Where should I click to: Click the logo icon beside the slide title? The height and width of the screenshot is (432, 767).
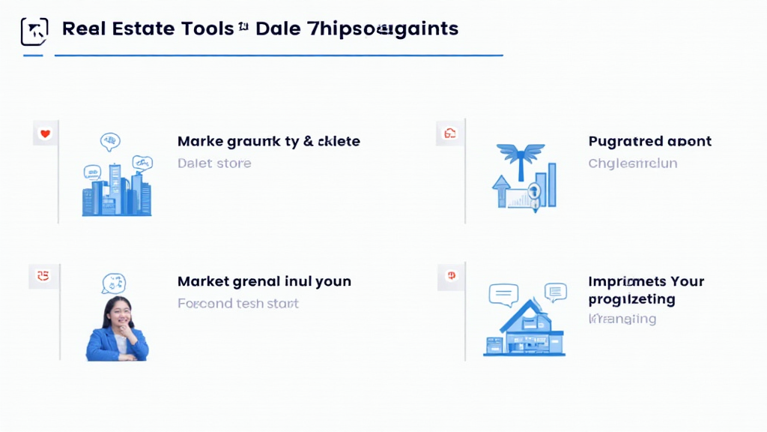[x=34, y=31]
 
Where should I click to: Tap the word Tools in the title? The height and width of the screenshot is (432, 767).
[x=207, y=29]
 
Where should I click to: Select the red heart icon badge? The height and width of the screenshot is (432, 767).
[x=45, y=134]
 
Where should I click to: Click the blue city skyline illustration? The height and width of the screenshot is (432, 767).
[x=117, y=191]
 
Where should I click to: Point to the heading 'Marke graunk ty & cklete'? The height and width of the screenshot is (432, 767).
[x=268, y=141]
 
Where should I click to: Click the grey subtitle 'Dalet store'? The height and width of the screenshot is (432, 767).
[x=214, y=163]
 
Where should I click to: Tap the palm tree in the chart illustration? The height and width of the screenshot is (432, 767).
[x=520, y=157]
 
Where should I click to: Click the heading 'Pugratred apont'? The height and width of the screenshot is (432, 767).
[x=649, y=141]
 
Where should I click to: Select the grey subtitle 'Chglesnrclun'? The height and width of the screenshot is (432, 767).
[x=632, y=163]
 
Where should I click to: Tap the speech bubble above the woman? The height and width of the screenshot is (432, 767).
[x=113, y=283]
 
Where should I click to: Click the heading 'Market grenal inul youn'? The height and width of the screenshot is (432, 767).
[x=264, y=282]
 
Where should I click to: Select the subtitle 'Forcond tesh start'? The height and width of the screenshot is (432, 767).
[x=237, y=304]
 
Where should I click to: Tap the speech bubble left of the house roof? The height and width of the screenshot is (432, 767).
[x=503, y=294]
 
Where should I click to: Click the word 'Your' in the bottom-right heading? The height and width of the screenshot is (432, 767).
[x=687, y=282]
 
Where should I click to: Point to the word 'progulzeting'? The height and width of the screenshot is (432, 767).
[x=631, y=299]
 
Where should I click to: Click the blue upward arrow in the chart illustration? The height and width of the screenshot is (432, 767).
[x=500, y=190]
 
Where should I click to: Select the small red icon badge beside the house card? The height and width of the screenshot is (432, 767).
[x=452, y=276]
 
